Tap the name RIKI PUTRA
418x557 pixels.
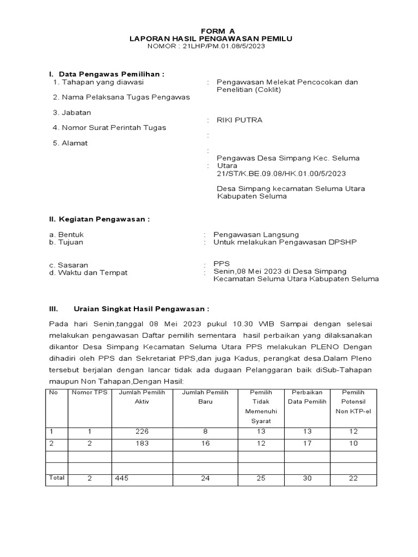coord(239,120)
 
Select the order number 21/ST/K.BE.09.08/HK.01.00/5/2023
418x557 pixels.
coord(281,174)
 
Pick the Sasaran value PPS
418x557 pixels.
coord(222,264)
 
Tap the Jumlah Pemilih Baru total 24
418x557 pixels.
coord(205,478)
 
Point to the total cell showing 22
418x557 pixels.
coord(353,478)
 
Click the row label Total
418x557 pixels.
coord(57,478)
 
